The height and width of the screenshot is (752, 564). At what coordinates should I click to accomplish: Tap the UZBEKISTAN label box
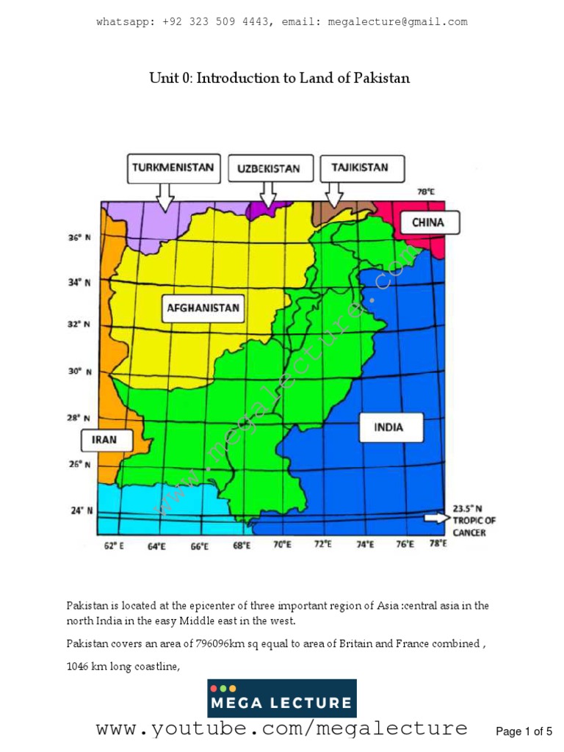(x=269, y=168)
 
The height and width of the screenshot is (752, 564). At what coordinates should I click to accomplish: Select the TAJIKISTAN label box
(x=354, y=167)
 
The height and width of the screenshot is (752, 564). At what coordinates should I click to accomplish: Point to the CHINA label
(x=427, y=222)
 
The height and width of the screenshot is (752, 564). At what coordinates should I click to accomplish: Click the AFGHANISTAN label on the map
(x=203, y=308)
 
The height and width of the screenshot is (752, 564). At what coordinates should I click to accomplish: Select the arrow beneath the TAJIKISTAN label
(x=334, y=194)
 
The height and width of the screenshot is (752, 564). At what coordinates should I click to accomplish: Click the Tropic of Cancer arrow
(x=435, y=518)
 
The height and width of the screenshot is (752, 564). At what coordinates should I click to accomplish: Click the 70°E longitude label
(x=281, y=546)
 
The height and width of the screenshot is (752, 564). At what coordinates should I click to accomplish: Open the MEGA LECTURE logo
(x=282, y=698)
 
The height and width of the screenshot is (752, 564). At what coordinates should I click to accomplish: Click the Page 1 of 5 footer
(x=524, y=731)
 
